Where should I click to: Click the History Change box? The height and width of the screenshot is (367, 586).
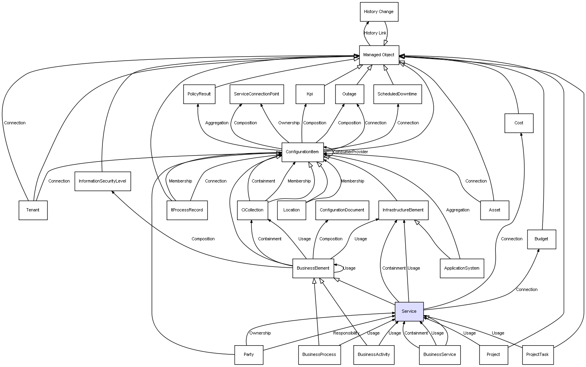coord(379,12)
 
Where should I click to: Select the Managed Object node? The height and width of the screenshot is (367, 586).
coord(379,55)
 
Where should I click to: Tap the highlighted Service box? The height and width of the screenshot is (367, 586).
coord(409,312)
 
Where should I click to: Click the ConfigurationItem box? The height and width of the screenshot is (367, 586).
coord(302,152)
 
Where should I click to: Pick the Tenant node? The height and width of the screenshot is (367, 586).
coord(33,210)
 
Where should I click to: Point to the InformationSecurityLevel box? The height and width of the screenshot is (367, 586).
coord(102,181)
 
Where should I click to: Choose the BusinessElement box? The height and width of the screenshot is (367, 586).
coord(313,268)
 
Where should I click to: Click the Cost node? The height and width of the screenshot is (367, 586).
coord(519,123)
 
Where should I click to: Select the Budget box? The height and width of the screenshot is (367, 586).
coord(542,239)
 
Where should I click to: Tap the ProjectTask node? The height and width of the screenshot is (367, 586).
coord(538,355)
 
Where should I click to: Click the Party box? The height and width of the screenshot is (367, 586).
coord(249,355)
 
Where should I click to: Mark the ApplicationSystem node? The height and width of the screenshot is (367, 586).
coord(462,268)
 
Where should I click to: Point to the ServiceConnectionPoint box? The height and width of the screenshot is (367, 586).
coord(257,94)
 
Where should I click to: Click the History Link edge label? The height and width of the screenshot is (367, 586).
coord(375,33)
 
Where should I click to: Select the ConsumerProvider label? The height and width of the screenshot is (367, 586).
coord(351,152)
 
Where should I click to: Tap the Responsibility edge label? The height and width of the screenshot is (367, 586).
coord(346,333)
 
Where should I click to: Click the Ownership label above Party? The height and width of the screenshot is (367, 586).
coord(260,333)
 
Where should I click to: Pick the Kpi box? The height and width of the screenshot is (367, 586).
coord(310,94)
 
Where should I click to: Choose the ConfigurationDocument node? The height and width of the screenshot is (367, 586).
coord(342,210)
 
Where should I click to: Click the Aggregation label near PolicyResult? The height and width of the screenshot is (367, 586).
coord(217,123)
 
